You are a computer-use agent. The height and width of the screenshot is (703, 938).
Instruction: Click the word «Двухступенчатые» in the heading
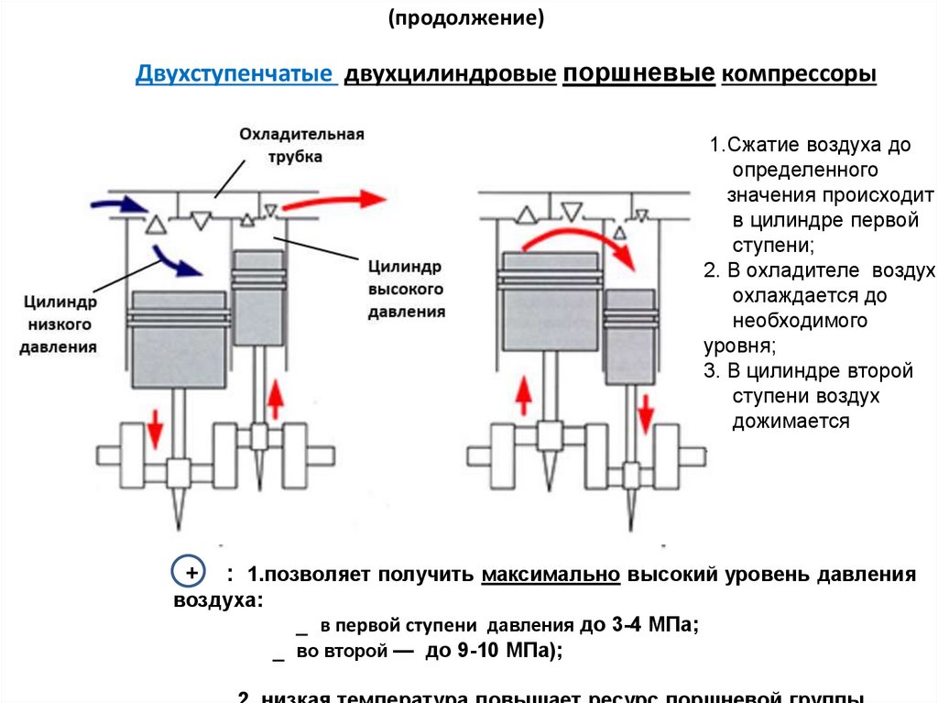coord(235,74)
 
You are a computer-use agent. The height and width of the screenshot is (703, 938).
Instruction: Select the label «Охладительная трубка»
coord(301,145)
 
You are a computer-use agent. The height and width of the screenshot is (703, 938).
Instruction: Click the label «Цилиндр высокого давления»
coord(406,289)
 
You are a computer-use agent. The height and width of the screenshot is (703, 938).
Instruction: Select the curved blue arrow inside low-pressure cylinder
coord(176,260)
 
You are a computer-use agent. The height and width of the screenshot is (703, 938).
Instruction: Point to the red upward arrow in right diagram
coord(524,398)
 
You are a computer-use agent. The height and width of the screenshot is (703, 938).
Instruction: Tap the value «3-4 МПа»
coord(651,626)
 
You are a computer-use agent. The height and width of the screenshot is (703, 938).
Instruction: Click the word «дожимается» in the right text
coord(791,421)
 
